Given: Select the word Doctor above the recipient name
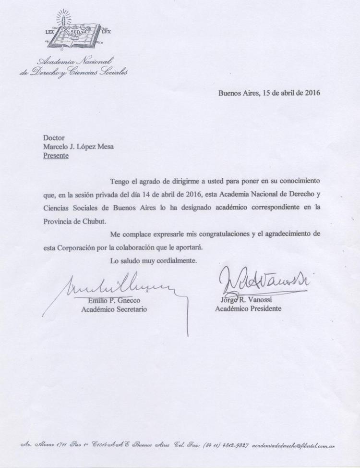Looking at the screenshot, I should [x=54, y=138].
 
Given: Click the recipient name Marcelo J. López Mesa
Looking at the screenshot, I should [x=78, y=147].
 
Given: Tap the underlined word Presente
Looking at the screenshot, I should [x=56, y=156].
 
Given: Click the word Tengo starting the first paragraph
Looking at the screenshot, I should [x=120, y=182].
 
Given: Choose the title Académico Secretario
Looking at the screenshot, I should [x=113, y=309].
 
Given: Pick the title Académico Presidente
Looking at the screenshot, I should [x=248, y=308].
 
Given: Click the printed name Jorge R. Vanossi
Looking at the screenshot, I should [x=242, y=300].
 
